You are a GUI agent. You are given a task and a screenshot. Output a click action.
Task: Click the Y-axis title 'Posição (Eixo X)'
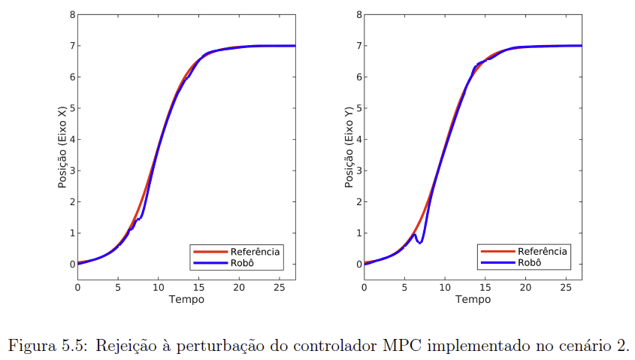[63, 147]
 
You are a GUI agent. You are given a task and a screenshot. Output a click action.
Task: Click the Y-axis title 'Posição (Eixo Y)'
[349, 147]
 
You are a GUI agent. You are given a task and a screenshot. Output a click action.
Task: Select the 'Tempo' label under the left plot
[186, 299]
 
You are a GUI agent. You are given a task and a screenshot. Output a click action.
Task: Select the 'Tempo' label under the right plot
[473, 299]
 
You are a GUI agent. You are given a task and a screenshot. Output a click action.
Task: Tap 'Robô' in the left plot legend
[243, 262]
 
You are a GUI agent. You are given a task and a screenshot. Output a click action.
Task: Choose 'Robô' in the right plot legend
[529, 262]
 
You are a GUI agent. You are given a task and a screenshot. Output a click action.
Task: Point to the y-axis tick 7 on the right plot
[358, 46]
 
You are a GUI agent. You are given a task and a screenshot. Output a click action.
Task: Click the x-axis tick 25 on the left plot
[280, 287]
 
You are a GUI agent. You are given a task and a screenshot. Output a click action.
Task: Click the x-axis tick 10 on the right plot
[445, 287]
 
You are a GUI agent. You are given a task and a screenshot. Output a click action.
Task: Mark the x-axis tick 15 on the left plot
[198, 287]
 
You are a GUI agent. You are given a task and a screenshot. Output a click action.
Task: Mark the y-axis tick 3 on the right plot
[358, 171]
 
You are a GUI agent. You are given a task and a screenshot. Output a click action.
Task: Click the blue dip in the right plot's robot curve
[421, 242]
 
